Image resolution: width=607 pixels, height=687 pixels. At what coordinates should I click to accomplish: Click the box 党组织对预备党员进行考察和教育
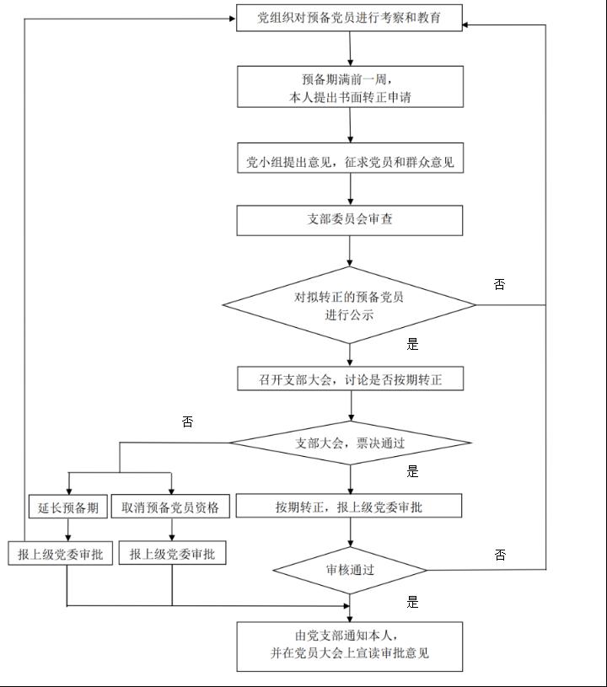349,18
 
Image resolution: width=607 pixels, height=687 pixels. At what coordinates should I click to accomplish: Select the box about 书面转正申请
350,88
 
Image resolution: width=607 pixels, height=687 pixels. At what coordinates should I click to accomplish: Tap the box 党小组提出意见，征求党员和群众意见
350,162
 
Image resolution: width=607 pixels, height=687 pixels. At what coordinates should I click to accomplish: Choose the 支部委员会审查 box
350,220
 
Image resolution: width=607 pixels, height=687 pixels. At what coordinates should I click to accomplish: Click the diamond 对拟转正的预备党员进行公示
350,305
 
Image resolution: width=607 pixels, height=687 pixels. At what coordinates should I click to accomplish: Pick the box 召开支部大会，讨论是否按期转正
350,379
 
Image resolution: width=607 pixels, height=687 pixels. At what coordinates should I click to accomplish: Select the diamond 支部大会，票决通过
350,443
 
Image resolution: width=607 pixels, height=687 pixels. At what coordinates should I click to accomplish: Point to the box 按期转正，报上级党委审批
349,507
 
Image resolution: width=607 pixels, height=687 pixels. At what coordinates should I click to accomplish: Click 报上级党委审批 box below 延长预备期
61,554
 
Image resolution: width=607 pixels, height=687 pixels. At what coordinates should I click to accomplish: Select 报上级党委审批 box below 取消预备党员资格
172,554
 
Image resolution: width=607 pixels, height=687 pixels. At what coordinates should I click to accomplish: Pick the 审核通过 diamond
350,570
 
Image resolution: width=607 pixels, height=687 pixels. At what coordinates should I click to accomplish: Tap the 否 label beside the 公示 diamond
499,285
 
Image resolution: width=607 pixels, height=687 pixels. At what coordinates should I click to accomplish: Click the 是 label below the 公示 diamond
412,344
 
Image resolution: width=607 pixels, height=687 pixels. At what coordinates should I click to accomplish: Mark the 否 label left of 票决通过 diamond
187,421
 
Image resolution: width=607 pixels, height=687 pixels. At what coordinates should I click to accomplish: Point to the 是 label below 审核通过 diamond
412,602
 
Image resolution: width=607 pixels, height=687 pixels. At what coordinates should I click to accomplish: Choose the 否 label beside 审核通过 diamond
500,555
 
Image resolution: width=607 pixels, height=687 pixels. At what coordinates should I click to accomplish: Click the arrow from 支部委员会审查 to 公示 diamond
350,250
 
